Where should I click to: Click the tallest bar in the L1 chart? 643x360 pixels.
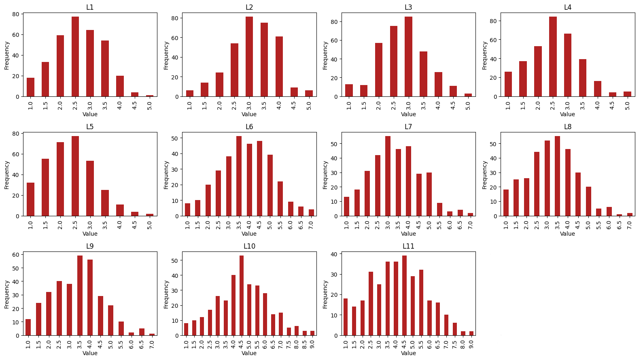pyautogui.click(x=75, y=57)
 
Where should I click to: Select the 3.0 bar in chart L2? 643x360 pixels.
pyautogui.click(x=249, y=57)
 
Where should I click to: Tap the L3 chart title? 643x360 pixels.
pyautogui.click(x=408, y=7)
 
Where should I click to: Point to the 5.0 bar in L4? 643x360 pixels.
pyautogui.click(x=627, y=94)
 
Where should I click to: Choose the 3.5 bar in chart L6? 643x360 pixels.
pyautogui.click(x=239, y=176)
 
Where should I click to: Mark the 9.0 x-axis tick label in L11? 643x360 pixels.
pyautogui.click(x=471, y=345)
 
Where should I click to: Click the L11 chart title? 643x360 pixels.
pyautogui.click(x=408, y=246)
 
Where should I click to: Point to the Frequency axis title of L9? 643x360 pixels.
pyautogui.click(x=6, y=294)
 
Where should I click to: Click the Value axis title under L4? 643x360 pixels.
pyautogui.click(x=567, y=114)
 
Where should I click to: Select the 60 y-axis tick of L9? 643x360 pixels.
pyautogui.click(x=16, y=255)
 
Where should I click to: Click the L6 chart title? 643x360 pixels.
pyautogui.click(x=249, y=127)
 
